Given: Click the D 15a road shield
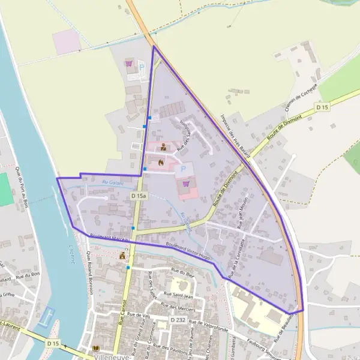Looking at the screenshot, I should [x=139, y=196].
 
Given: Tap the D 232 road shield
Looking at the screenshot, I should [x=177, y=320].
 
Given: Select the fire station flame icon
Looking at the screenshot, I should [x=161, y=161].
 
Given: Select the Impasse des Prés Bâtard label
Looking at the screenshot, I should [x=235, y=135].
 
